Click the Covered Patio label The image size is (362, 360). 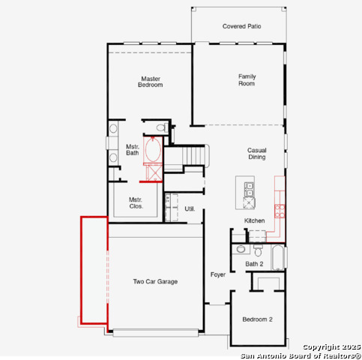[x=241, y=26]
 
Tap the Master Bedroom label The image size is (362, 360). [x=151, y=82]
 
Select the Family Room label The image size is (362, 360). [x=247, y=80]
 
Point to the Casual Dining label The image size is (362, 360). [x=257, y=154]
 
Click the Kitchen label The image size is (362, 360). [x=254, y=220]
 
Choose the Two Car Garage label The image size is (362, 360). [x=155, y=282]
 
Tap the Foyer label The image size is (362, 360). [x=218, y=274]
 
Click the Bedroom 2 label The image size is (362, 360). [x=257, y=319]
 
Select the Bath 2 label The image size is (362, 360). [x=254, y=264]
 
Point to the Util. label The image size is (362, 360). [x=190, y=208]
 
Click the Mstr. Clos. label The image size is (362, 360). [x=136, y=203]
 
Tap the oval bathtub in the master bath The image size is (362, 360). [x=153, y=150]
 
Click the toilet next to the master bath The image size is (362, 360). [x=162, y=127]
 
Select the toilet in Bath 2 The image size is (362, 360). [x=258, y=250]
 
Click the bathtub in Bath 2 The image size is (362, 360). [x=278, y=258]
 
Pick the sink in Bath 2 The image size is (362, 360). [x=241, y=249]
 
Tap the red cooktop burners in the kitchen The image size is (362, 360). [x=280, y=211]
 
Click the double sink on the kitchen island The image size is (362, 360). [x=249, y=190]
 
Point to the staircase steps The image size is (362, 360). [x=193, y=156]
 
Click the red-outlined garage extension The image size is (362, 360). [x=94, y=270]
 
